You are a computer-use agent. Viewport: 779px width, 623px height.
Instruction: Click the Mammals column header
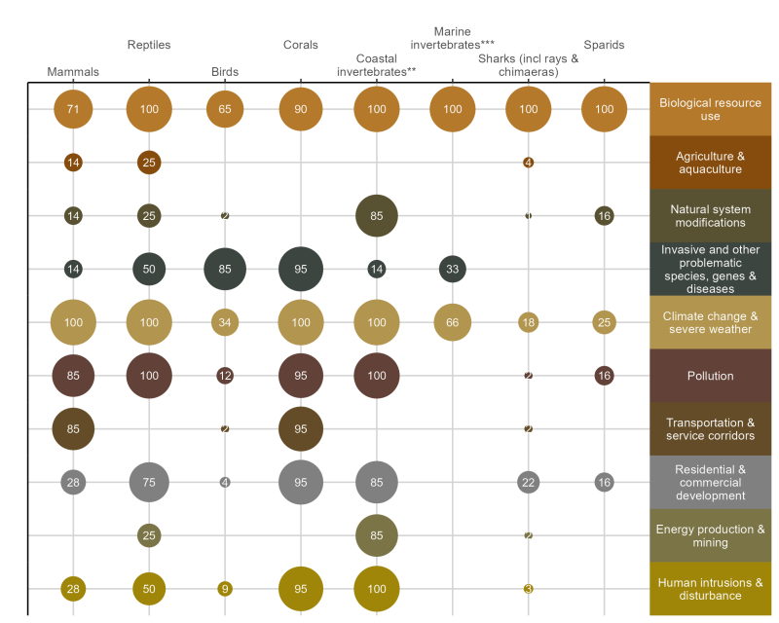coord(73,72)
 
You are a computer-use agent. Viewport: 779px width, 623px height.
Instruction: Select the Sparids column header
coord(604,45)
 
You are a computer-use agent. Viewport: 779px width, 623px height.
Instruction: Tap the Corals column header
coord(300,45)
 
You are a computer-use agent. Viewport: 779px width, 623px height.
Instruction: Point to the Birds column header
coord(225,72)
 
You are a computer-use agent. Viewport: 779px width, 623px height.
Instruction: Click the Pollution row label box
coord(710,376)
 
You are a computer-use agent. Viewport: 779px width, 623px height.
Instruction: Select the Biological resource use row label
coord(710,109)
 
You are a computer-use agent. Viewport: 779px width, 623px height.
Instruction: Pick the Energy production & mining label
coord(710,535)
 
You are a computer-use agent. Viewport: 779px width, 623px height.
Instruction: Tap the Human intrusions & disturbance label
coord(710,589)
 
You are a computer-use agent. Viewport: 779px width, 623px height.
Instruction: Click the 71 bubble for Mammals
coord(73,109)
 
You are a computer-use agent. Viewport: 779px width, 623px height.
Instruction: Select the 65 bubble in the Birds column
coord(225,109)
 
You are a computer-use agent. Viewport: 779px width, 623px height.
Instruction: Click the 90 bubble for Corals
coord(301,109)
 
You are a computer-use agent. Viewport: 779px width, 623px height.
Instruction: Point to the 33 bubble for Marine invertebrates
coord(453,269)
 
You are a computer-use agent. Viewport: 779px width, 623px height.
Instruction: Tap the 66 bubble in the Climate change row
coord(453,322)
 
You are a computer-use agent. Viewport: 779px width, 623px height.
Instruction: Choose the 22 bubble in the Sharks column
coord(529,482)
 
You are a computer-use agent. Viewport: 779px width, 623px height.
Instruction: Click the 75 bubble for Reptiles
coord(149,482)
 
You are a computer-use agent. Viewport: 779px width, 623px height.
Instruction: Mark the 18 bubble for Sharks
coord(529,322)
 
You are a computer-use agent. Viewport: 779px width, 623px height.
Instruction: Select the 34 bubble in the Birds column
coord(225,322)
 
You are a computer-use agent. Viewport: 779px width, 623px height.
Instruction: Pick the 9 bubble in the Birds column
coord(225,588)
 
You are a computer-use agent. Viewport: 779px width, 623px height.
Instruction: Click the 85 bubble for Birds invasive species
coord(225,269)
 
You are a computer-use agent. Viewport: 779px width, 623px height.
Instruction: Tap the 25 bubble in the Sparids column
coord(604,322)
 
